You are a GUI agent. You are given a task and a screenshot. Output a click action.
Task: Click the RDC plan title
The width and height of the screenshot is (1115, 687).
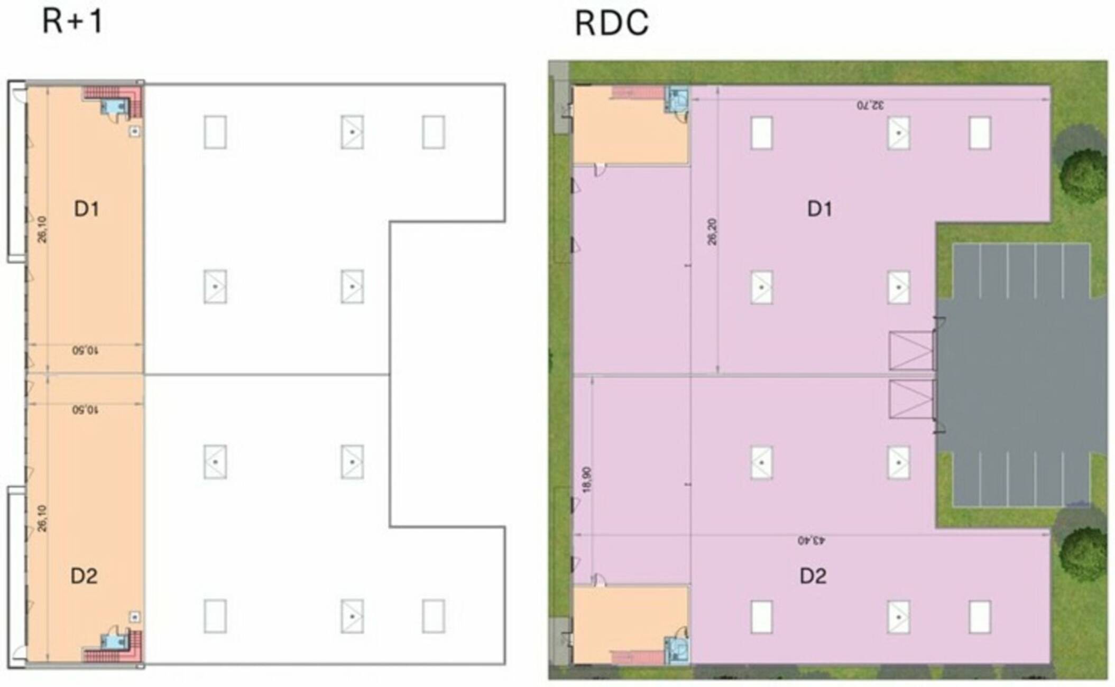click(x=611, y=23)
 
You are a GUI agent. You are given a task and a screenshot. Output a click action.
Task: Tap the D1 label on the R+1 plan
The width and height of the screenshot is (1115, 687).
click(x=86, y=209)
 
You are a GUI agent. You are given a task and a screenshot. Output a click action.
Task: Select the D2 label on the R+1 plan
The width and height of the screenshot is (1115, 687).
click(x=84, y=575)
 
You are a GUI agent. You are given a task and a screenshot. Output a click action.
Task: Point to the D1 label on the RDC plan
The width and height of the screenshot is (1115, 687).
click(x=819, y=209)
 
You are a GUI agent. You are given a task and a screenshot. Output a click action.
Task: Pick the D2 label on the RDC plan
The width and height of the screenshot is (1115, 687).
click(x=813, y=575)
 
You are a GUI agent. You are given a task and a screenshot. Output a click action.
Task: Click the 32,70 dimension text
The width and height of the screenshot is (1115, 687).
click(x=870, y=105)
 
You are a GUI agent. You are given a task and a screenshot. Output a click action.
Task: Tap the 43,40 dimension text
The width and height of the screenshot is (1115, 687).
click(x=812, y=541)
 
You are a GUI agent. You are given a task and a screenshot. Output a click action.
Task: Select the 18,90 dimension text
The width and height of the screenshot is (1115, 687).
click(x=587, y=480)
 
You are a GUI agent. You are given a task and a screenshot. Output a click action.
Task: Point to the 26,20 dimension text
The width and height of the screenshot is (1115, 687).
click(x=712, y=231)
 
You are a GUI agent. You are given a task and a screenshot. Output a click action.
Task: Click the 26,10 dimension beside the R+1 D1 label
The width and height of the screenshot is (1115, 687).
click(x=42, y=229)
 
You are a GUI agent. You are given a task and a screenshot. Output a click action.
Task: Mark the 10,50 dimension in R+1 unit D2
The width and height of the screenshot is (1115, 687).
click(x=85, y=410)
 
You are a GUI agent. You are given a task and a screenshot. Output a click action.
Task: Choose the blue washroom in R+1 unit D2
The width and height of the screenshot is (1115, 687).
click(x=115, y=642)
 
